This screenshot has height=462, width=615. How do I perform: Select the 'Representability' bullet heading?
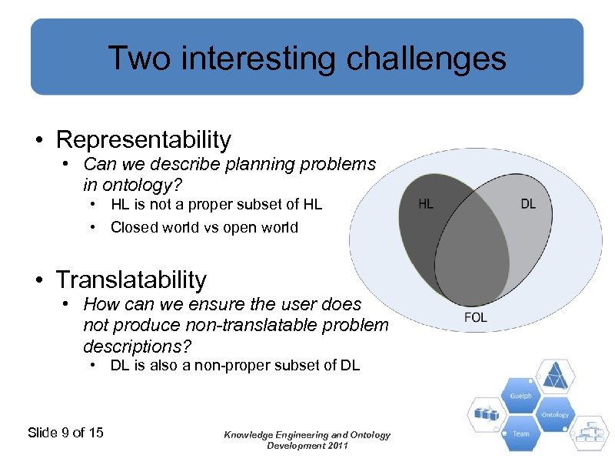[x=143, y=139]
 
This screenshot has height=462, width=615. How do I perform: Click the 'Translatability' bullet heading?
[x=131, y=279]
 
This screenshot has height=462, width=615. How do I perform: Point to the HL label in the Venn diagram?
[x=425, y=204]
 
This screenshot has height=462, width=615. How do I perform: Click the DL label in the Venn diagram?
[x=528, y=204]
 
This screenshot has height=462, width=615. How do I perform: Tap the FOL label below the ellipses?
[x=475, y=317]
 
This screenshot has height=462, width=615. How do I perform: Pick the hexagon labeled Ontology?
[x=553, y=415]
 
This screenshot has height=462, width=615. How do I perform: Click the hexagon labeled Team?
[x=520, y=434]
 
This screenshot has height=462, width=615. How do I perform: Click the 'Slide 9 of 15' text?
[x=65, y=432]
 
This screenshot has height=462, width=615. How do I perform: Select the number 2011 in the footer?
[x=336, y=446]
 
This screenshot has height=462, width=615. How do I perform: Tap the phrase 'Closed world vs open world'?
[x=204, y=227]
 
